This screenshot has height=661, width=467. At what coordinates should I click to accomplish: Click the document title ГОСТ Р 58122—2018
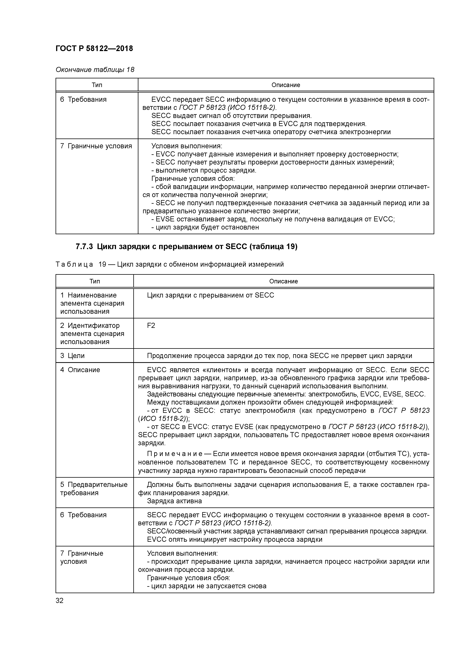pos(94,48)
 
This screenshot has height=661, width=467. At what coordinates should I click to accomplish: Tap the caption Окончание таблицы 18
pos(95,70)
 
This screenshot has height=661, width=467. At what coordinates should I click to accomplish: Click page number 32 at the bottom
pos(60,601)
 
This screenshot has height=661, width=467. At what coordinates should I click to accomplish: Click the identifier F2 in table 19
pos(151,326)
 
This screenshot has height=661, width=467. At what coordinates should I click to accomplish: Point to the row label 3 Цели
pos(72,356)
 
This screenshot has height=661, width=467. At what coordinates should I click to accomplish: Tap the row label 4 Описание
pos(80,370)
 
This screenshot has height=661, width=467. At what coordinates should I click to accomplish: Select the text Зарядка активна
pos(174,501)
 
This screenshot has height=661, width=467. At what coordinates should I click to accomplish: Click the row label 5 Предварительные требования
pos(94,489)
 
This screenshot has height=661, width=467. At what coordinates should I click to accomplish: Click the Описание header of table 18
pos(286,85)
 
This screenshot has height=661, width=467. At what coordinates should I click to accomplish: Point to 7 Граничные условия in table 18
pos(96,146)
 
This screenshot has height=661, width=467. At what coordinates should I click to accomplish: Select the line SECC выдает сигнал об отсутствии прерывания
pos(231,116)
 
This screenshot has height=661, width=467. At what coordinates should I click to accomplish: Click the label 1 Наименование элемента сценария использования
pos(92,303)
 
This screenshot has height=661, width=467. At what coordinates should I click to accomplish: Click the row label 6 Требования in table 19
pos(83,515)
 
